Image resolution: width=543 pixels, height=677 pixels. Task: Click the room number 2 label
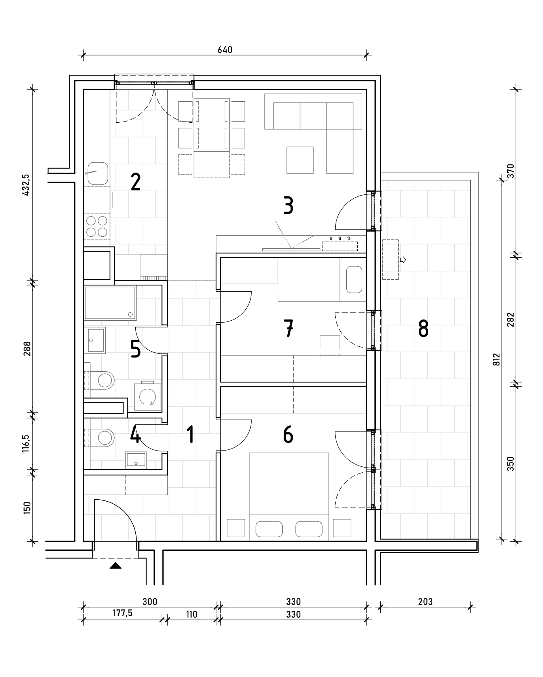click(x=135, y=182)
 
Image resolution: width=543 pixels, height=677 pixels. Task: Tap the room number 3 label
click(x=289, y=206)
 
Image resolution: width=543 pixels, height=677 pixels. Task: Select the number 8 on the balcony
click(x=423, y=329)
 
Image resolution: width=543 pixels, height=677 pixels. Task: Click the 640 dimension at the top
click(x=225, y=50)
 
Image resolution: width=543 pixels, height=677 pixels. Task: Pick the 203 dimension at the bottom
click(x=425, y=602)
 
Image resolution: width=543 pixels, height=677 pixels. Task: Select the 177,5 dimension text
click(x=122, y=613)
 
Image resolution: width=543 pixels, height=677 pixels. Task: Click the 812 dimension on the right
click(x=497, y=359)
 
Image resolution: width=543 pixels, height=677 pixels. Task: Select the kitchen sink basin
click(x=98, y=173)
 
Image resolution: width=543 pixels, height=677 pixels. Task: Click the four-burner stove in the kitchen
click(x=97, y=226)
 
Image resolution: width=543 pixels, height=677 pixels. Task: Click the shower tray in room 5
click(x=110, y=303)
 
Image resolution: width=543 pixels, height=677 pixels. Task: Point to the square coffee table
click(x=300, y=160)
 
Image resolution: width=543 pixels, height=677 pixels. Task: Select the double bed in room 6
click(x=289, y=496)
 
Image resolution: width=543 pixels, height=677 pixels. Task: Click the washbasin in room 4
click(x=136, y=460)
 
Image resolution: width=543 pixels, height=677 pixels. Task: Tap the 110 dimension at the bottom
click(x=191, y=614)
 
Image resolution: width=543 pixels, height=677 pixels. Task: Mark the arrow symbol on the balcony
click(x=403, y=260)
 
